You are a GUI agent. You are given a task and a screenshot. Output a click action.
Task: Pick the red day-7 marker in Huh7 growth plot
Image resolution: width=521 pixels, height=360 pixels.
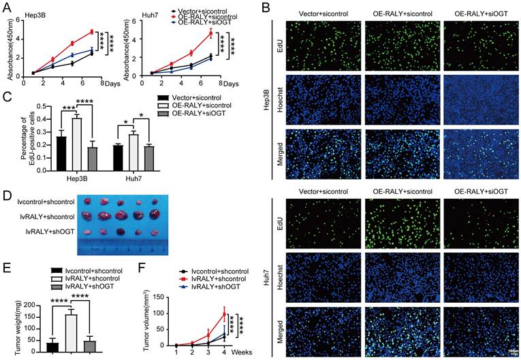210,33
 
